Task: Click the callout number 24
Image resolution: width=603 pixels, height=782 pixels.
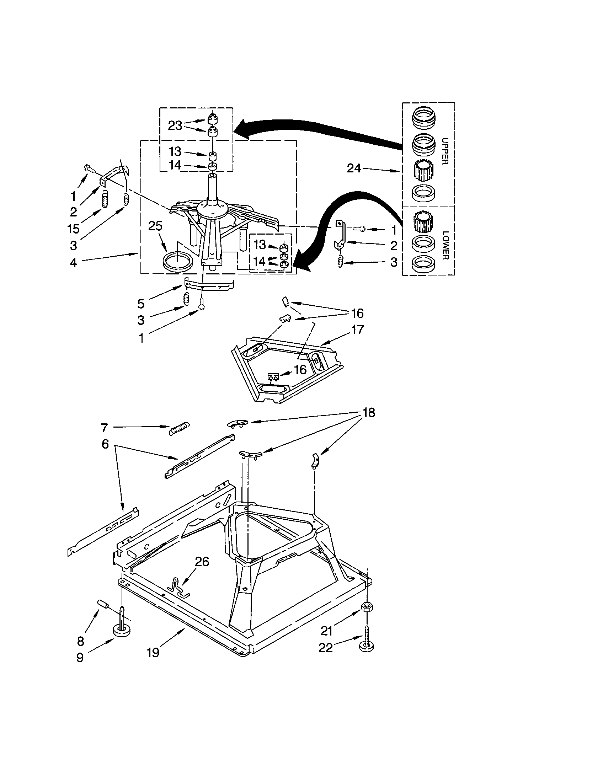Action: [354, 168]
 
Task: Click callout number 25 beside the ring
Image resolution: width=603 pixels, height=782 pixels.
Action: [155, 226]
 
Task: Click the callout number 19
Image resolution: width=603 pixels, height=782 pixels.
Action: [153, 653]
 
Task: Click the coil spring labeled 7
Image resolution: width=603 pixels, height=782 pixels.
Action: [179, 428]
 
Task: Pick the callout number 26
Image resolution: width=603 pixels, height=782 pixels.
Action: [202, 561]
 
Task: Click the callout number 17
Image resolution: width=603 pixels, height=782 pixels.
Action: [357, 330]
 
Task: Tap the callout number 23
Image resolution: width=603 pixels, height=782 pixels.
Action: [175, 126]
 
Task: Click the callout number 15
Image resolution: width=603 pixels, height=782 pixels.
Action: [73, 229]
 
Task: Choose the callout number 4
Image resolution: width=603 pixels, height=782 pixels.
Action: [73, 263]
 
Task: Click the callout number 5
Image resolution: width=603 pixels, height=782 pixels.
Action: [141, 304]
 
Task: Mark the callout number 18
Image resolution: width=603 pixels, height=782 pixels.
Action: [369, 412]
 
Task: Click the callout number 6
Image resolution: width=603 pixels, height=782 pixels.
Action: [105, 444]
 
